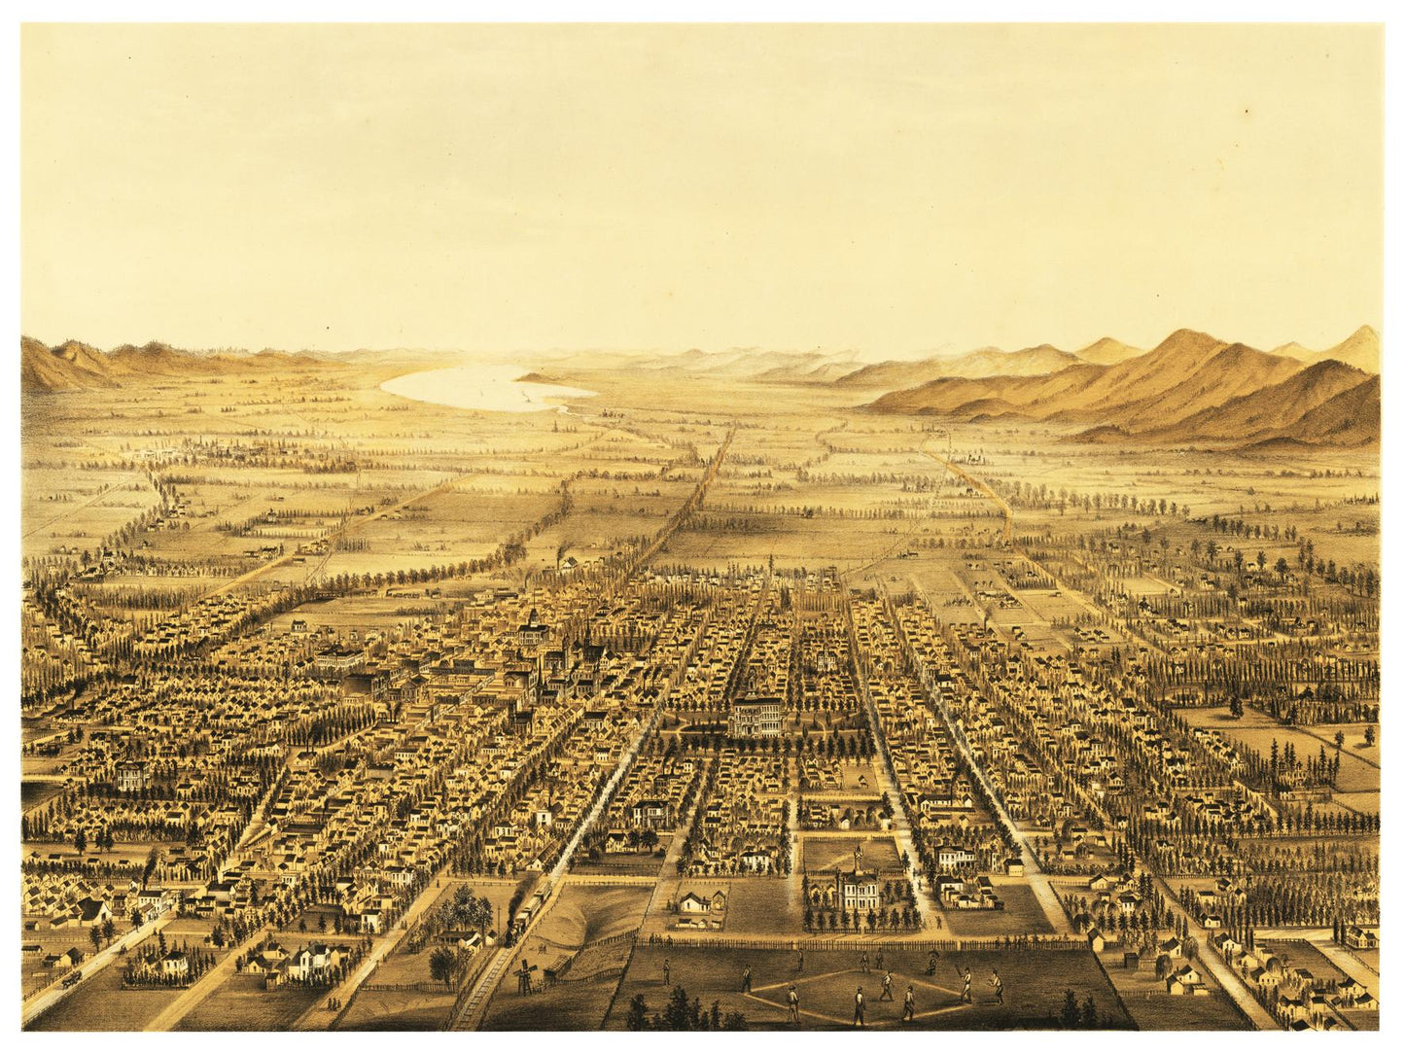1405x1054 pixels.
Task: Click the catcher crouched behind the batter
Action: pos(997,986)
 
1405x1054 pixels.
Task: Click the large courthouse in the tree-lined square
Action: pos(756,716)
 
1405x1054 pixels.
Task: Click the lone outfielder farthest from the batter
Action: pos(666,968)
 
